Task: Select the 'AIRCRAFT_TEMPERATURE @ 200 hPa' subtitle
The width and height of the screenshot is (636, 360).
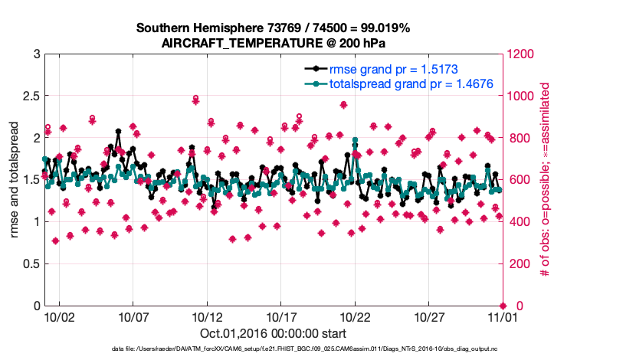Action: [x=274, y=44]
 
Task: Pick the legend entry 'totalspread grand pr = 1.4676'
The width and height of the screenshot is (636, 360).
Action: [x=410, y=83]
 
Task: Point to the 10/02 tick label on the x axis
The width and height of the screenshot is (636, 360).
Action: [x=59, y=316]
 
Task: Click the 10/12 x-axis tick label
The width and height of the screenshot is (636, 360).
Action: [x=207, y=316]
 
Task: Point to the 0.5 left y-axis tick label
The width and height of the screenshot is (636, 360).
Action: [x=31, y=263]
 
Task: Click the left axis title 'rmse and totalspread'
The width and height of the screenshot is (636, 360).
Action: [x=15, y=179]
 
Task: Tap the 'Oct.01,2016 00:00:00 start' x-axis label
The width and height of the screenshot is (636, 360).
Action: [x=273, y=334]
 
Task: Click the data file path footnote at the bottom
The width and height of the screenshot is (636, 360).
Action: [x=273, y=349]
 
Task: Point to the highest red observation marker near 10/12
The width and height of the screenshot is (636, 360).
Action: [x=195, y=99]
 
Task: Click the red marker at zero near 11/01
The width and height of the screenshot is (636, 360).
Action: [x=503, y=306]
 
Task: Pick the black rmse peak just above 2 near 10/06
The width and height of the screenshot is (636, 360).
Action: [x=118, y=132]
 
